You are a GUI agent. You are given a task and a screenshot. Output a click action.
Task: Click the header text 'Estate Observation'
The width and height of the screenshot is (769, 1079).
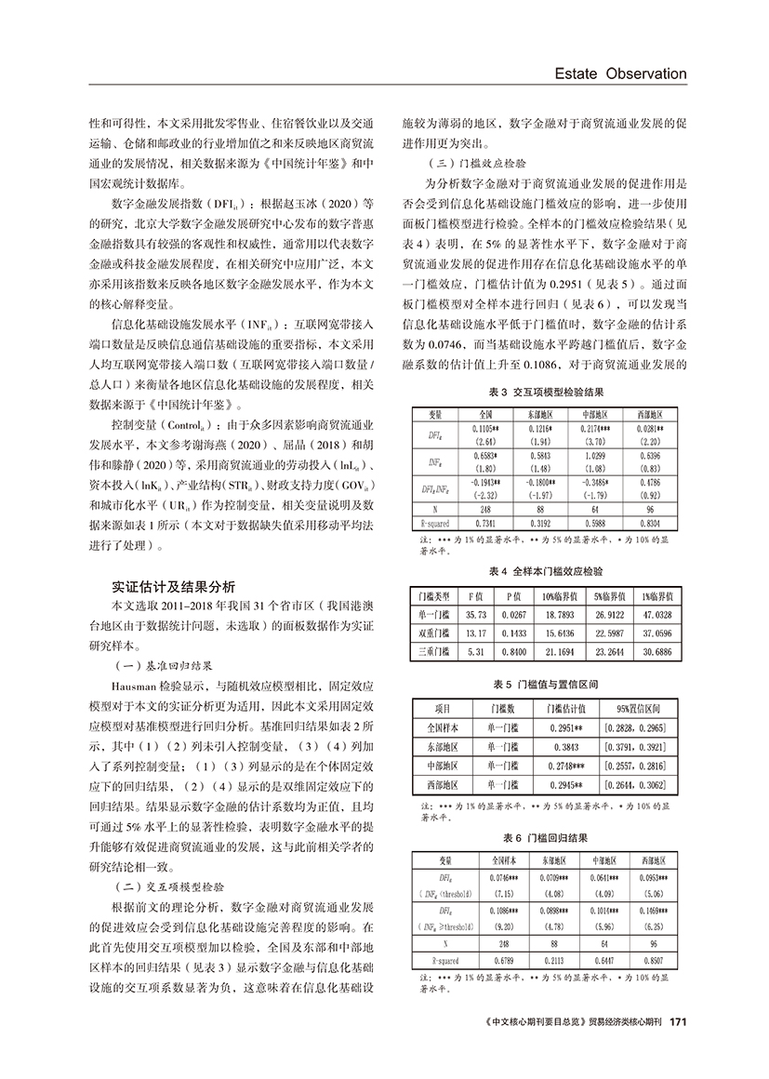[x=613, y=73]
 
